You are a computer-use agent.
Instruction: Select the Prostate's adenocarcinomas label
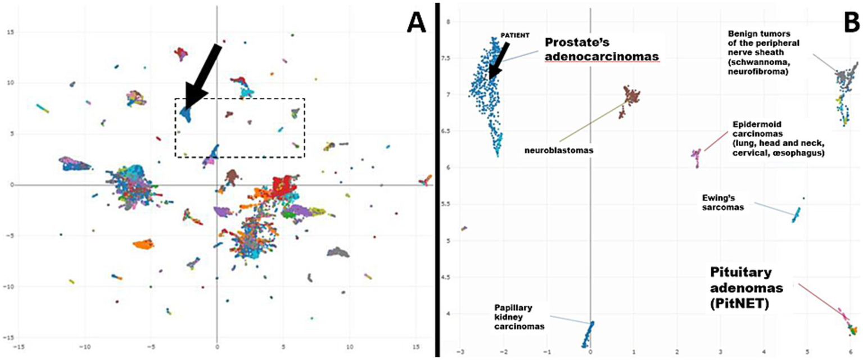point(601,49)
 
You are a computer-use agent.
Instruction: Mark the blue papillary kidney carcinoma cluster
point(587,335)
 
